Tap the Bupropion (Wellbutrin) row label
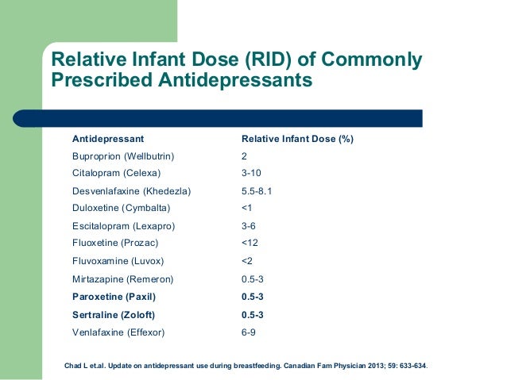pos(123,156)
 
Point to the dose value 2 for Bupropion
pos(244,156)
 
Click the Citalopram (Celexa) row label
pos(116,173)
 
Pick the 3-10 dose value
pos(250,173)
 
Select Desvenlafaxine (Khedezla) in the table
pos(131,191)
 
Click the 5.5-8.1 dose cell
pos(257,191)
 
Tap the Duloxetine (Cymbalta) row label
pos(121,208)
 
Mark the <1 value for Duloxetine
pos(246,208)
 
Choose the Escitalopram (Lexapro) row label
pos(123,226)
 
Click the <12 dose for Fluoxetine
pos(249,243)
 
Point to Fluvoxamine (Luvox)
pos(118,261)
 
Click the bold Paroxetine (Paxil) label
pos(114,297)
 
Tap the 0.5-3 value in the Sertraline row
pos(252,315)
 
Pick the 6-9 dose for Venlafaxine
pos(248,332)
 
